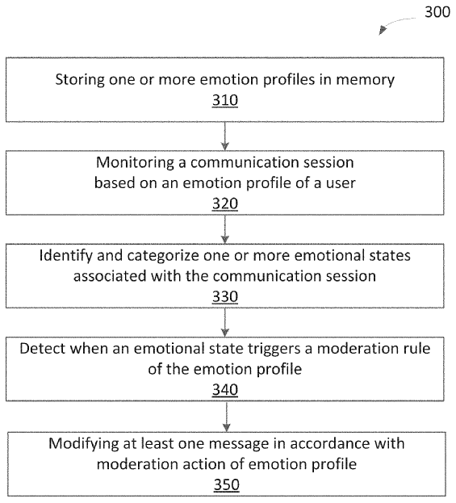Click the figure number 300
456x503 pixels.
click(x=437, y=12)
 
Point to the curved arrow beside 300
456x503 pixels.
click(x=395, y=23)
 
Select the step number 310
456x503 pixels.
click(x=225, y=100)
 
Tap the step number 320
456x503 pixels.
click(x=225, y=203)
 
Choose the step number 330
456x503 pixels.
click(x=225, y=297)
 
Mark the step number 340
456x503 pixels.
click(x=225, y=390)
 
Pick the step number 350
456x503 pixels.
click(x=227, y=484)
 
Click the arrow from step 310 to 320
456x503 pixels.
click(x=225, y=136)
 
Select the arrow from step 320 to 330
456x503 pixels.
click(x=225, y=229)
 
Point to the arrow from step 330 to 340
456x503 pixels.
click(x=225, y=322)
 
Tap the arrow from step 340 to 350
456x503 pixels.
click(x=227, y=417)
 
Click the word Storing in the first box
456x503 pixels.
click(x=80, y=80)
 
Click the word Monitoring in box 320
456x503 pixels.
click(x=135, y=163)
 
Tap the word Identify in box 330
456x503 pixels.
click(x=65, y=256)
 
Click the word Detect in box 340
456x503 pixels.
click(x=42, y=348)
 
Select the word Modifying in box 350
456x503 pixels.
click(x=83, y=444)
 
